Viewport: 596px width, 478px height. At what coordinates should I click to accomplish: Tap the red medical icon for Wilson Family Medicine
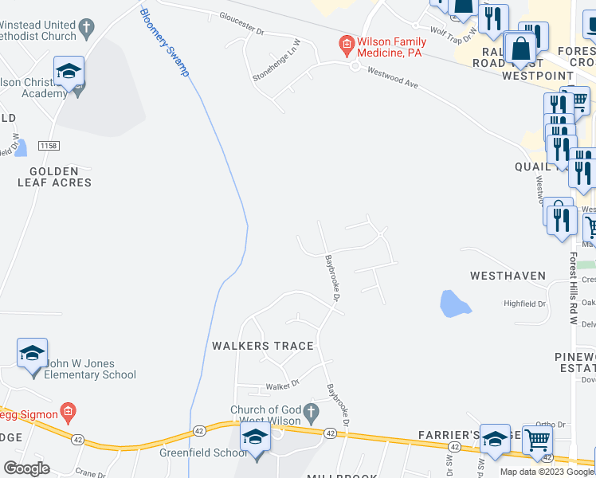coord(346,42)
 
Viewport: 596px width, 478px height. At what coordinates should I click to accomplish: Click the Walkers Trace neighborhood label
coord(263,346)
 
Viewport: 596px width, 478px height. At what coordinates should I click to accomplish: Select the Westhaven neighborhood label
coord(508,276)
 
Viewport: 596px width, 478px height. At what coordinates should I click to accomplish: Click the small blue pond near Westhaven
coord(452,303)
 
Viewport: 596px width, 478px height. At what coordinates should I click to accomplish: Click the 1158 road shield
coord(49,147)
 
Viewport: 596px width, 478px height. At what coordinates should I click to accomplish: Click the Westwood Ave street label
coord(393,77)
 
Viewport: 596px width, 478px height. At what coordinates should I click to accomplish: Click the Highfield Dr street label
coord(524,304)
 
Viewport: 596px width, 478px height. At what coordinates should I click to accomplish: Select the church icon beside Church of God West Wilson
coord(312,413)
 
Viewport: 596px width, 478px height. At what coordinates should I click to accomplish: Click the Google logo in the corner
coord(26,468)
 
